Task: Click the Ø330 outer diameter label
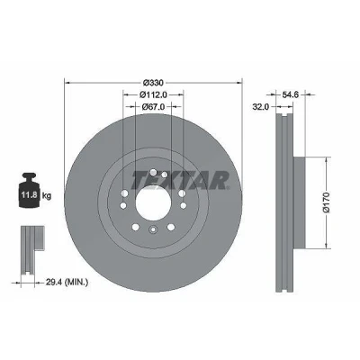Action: (153, 82)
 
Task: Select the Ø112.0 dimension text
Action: (153, 94)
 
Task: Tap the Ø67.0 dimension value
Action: (153, 106)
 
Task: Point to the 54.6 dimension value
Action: (291, 94)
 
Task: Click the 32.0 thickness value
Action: (260, 106)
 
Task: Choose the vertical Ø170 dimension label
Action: (327, 202)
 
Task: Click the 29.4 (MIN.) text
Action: (67, 282)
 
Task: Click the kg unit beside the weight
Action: (47, 196)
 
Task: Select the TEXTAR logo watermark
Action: (179, 180)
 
